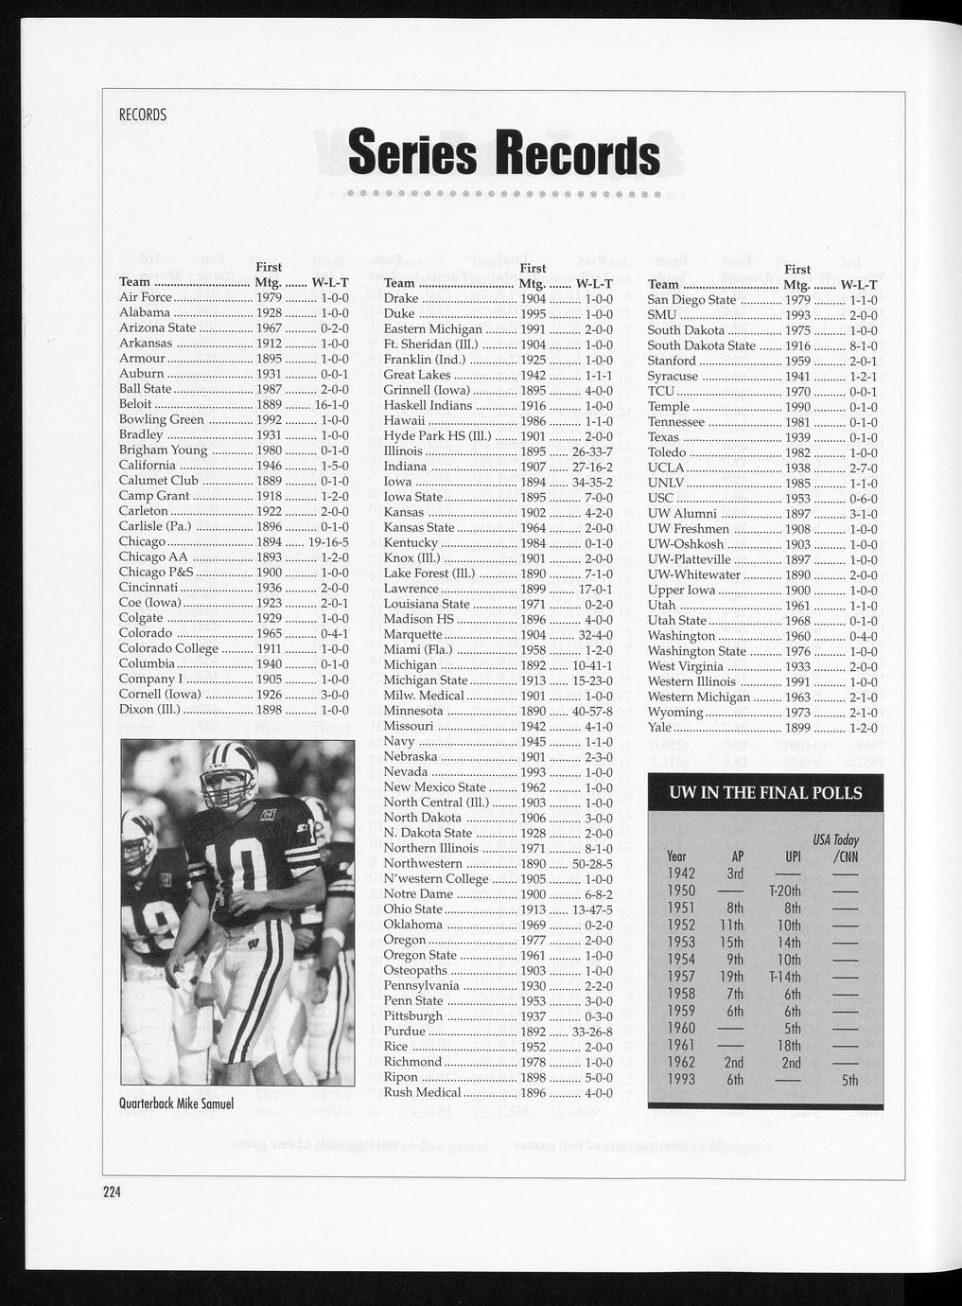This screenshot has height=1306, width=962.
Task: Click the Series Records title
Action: tap(504, 155)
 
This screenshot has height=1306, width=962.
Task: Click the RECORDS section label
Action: tap(142, 115)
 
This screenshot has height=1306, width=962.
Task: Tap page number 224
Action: tap(114, 1192)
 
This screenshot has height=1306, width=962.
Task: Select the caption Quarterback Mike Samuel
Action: tap(176, 1103)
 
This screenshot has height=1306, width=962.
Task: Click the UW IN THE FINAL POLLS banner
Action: tap(765, 792)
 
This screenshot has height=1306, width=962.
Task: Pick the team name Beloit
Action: tap(135, 404)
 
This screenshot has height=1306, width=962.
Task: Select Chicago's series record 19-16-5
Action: tap(328, 542)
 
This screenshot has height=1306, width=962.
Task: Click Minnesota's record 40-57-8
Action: tap(592, 711)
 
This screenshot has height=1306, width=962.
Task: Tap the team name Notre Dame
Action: tap(418, 893)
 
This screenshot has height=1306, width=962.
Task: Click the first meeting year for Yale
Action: tap(798, 727)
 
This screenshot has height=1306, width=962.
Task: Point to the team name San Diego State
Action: tap(691, 300)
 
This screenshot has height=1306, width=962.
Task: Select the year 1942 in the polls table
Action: tap(681, 873)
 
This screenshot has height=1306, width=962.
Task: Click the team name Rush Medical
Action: tap(422, 1092)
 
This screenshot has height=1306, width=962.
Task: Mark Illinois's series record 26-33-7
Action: tap(592, 451)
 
